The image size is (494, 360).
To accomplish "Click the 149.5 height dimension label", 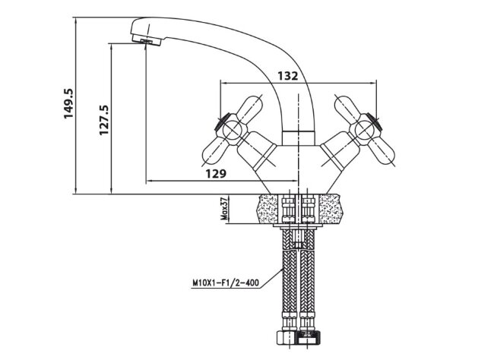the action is click(68, 103).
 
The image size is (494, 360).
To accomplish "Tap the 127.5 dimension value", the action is click(103, 120).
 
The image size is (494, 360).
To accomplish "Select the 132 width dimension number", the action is click(287, 76).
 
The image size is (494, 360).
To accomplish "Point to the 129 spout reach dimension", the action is click(216, 173).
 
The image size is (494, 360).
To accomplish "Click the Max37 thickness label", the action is click(224, 209).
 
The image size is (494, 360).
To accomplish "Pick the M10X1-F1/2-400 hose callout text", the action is click(226, 283).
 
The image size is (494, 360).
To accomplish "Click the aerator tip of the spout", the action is click(147, 41).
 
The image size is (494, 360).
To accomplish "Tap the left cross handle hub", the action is click(233, 130).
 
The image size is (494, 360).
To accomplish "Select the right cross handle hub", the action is click(364, 129).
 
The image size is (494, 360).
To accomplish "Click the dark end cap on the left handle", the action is click(221, 122).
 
